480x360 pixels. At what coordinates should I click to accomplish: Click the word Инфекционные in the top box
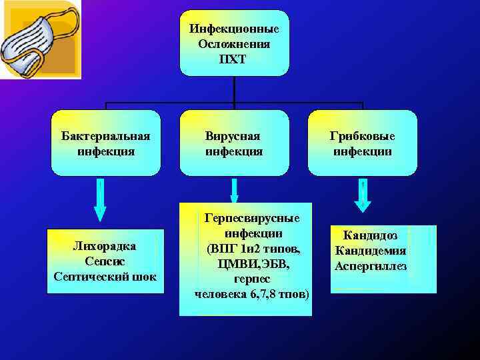point(234,30)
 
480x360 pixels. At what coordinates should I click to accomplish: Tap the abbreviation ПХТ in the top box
point(234,59)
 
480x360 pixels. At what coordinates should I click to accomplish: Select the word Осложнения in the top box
point(234,45)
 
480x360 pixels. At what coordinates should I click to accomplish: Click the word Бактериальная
point(105,136)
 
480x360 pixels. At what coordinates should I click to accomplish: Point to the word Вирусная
point(233,136)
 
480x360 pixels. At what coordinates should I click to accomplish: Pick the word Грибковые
point(362,136)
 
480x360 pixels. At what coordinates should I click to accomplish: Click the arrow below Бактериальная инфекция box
point(99,200)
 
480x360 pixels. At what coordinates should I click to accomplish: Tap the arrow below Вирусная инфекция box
point(234,189)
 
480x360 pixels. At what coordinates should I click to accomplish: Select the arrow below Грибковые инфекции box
point(362,196)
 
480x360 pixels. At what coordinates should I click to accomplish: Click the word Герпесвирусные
point(252,219)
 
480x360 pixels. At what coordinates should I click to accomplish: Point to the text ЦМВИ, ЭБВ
point(252,264)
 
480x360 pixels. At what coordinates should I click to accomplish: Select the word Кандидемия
point(371,251)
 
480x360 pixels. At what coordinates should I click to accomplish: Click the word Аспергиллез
point(371,266)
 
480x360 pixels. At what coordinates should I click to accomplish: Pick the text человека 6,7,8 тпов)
point(252,294)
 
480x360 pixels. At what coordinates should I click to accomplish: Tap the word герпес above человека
point(252,279)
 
